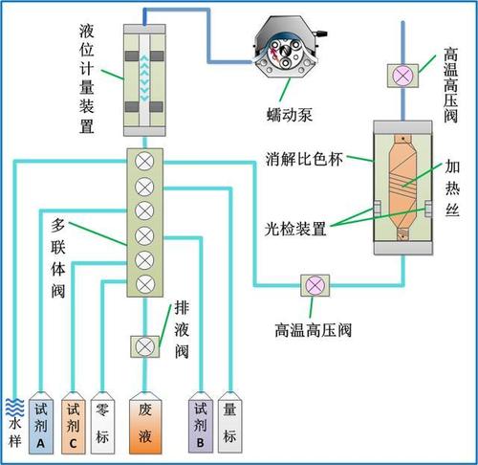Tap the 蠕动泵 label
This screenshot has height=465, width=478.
click(290, 115)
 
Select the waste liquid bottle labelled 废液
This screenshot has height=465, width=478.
click(145, 423)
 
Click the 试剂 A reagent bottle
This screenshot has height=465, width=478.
click(41, 423)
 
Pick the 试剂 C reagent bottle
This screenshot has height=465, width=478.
click(74, 423)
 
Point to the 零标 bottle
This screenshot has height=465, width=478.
click(102, 423)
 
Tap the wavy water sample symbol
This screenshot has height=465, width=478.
click(14, 408)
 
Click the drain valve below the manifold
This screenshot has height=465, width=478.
click(145, 346)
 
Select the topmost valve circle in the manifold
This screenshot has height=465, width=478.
click(144, 162)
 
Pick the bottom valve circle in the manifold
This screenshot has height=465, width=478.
click(145, 283)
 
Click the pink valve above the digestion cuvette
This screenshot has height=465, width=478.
click(402, 76)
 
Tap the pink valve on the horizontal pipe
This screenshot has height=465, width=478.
click(315, 285)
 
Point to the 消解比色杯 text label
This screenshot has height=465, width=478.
click(304, 159)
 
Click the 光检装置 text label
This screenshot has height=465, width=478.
click(295, 229)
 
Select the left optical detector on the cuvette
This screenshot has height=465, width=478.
click(378, 209)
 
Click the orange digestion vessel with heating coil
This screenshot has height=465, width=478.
click(402, 188)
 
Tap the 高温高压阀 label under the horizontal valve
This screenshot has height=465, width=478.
click(313, 330)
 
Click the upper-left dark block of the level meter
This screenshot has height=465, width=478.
click(132, 56)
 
